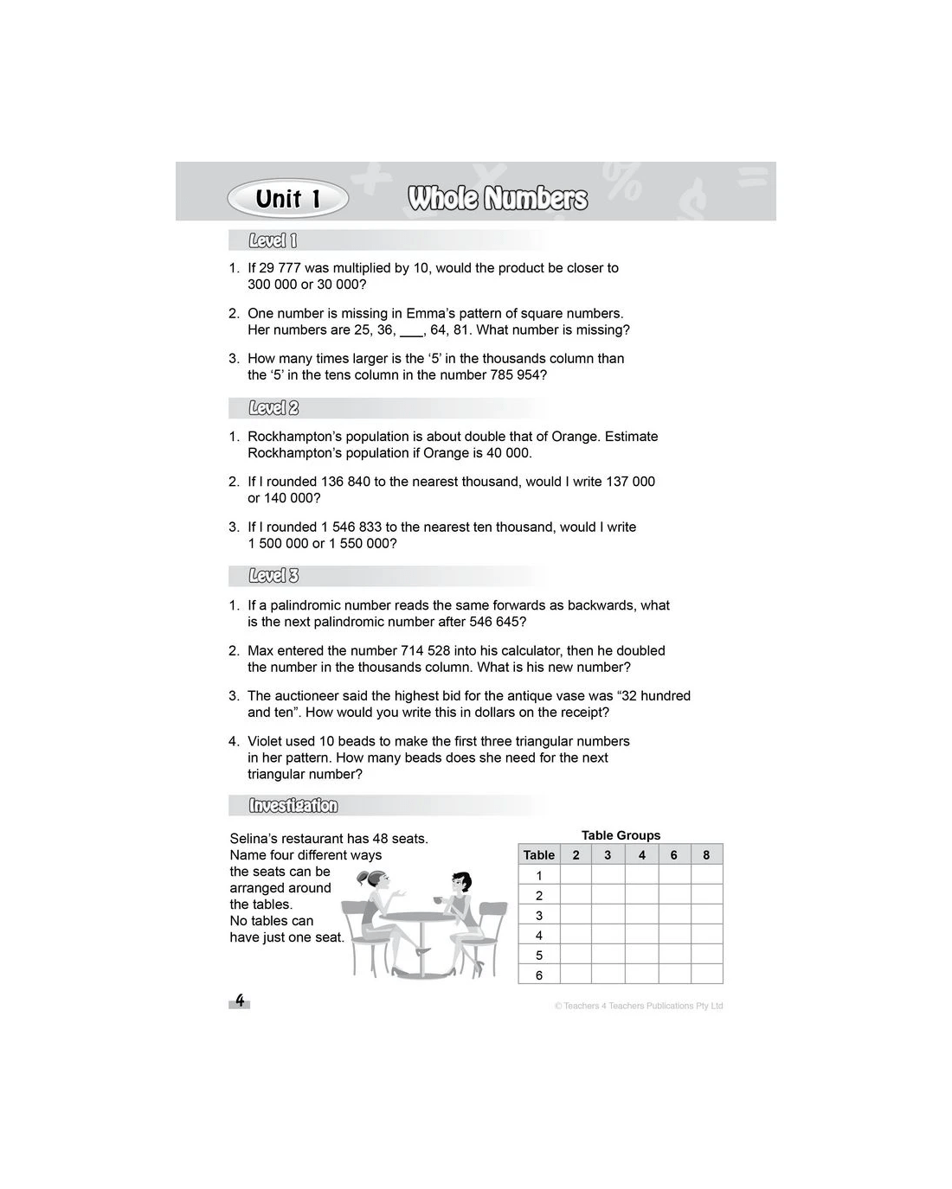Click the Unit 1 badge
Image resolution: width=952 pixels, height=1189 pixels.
pyautogui.click(x=287, y=199)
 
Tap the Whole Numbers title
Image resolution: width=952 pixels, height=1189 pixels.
pyautogui.click(x=498, y=199)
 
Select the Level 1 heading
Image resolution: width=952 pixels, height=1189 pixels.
pyautogui.click(x=273, y=241)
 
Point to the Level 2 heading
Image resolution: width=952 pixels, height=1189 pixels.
pyautogui.click(x=273, y=408)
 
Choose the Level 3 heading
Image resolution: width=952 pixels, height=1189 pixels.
pyautogui.click(x=273, y=576)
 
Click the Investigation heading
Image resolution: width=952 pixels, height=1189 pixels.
pyautogui.click(x=293, y=806)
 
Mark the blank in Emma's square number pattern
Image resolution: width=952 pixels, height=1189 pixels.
pyautogui.click(x=411, y=331)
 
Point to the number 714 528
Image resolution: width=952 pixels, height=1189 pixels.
pyautogui.click(x=428, y=650)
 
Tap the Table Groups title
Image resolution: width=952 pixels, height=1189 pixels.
pyautogui.click(x=621, y=835)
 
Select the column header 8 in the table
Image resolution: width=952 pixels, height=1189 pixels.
pyautogui.click(x=706, y=855)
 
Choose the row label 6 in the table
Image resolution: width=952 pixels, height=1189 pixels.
pyautogui.click(x=539, y=975)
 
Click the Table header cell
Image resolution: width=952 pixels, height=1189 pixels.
pyautogui.click(x=539, y=855)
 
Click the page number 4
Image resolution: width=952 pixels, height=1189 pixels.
pyautogui.click(x=240, y=1001)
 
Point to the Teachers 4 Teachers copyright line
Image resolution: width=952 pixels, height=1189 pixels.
pyautogui.click(x=639, y=1006)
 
